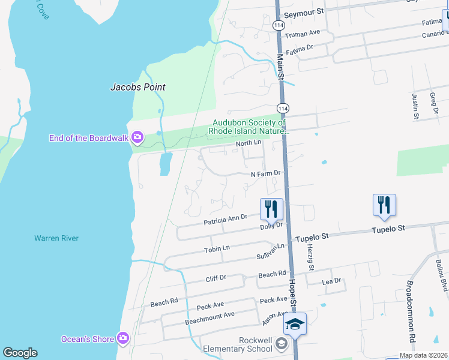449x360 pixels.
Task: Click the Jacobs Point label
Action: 137,87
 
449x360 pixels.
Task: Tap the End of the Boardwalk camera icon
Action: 137,139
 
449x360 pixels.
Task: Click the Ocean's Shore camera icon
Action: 123,339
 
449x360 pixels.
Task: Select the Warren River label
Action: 56,238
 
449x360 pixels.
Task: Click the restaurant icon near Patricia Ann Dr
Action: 271,208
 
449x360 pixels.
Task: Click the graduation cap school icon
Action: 295,324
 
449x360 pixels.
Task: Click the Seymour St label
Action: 303,11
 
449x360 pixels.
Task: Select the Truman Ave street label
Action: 303,32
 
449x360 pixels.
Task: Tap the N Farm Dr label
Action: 265,173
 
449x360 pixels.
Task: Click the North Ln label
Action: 249,143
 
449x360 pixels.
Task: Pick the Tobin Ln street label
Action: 217,248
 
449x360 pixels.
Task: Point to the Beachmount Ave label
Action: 209,316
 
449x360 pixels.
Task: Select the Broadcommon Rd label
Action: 411,311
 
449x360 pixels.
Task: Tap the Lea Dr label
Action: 331,281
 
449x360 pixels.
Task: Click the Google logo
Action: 20,353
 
